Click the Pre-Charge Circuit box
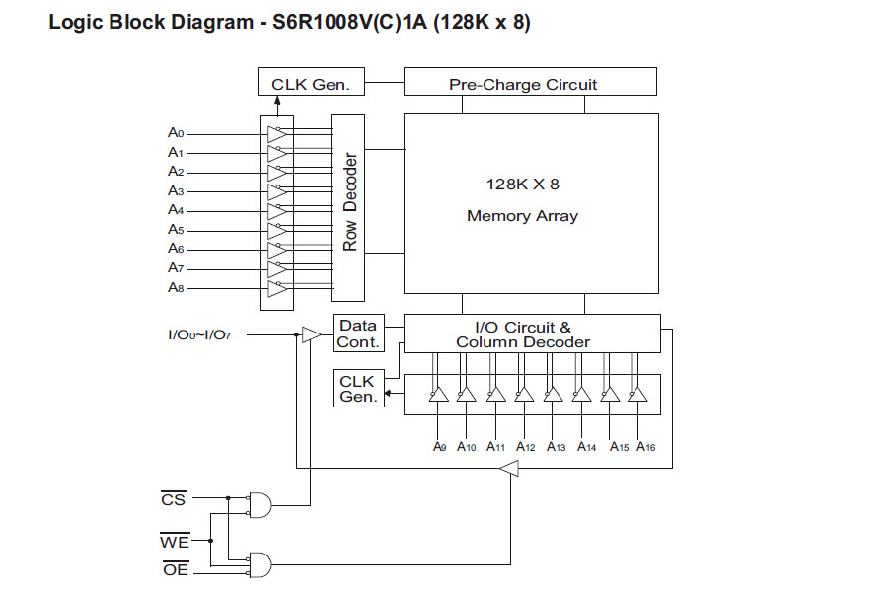click(530, 83)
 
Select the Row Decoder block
click(346, 207)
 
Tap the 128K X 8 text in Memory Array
click(523, 185)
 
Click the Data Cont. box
click(358, 333)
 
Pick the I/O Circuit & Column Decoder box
click(532, 333)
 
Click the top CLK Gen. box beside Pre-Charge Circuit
click(310, 83)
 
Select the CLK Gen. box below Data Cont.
click(358, 389)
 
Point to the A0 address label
click(175, 132)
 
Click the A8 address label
click(175, 287)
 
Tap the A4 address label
click(175, 209)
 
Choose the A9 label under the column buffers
click(439, 447)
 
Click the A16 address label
click(646, 447)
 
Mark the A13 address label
click(556, 447)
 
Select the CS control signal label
click(173, 500)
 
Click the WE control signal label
click(175, 541)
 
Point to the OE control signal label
click(175, 569)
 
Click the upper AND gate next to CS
click(261, 504)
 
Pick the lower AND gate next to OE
click(261, 564)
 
